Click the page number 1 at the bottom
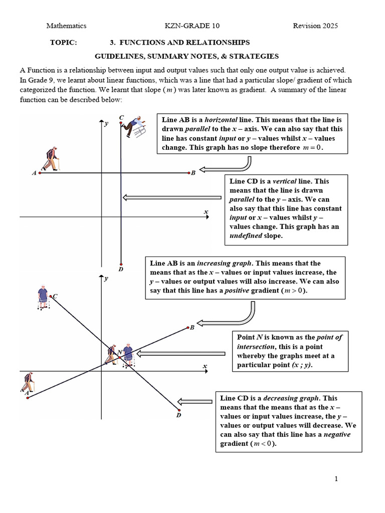coord(336,479)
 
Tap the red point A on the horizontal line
coord(39,172)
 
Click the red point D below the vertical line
coord(121,264)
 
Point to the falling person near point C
coord(135,127)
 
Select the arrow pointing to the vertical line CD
coord(172,197)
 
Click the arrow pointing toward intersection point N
coord(180,354)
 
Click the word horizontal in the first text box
coord(223,120)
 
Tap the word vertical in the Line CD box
coord(284,181)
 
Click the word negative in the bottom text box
coord(337,434)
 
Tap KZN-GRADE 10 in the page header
coord(192,26)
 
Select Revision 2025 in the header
coord(315,26)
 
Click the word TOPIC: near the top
coord(64,43)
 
